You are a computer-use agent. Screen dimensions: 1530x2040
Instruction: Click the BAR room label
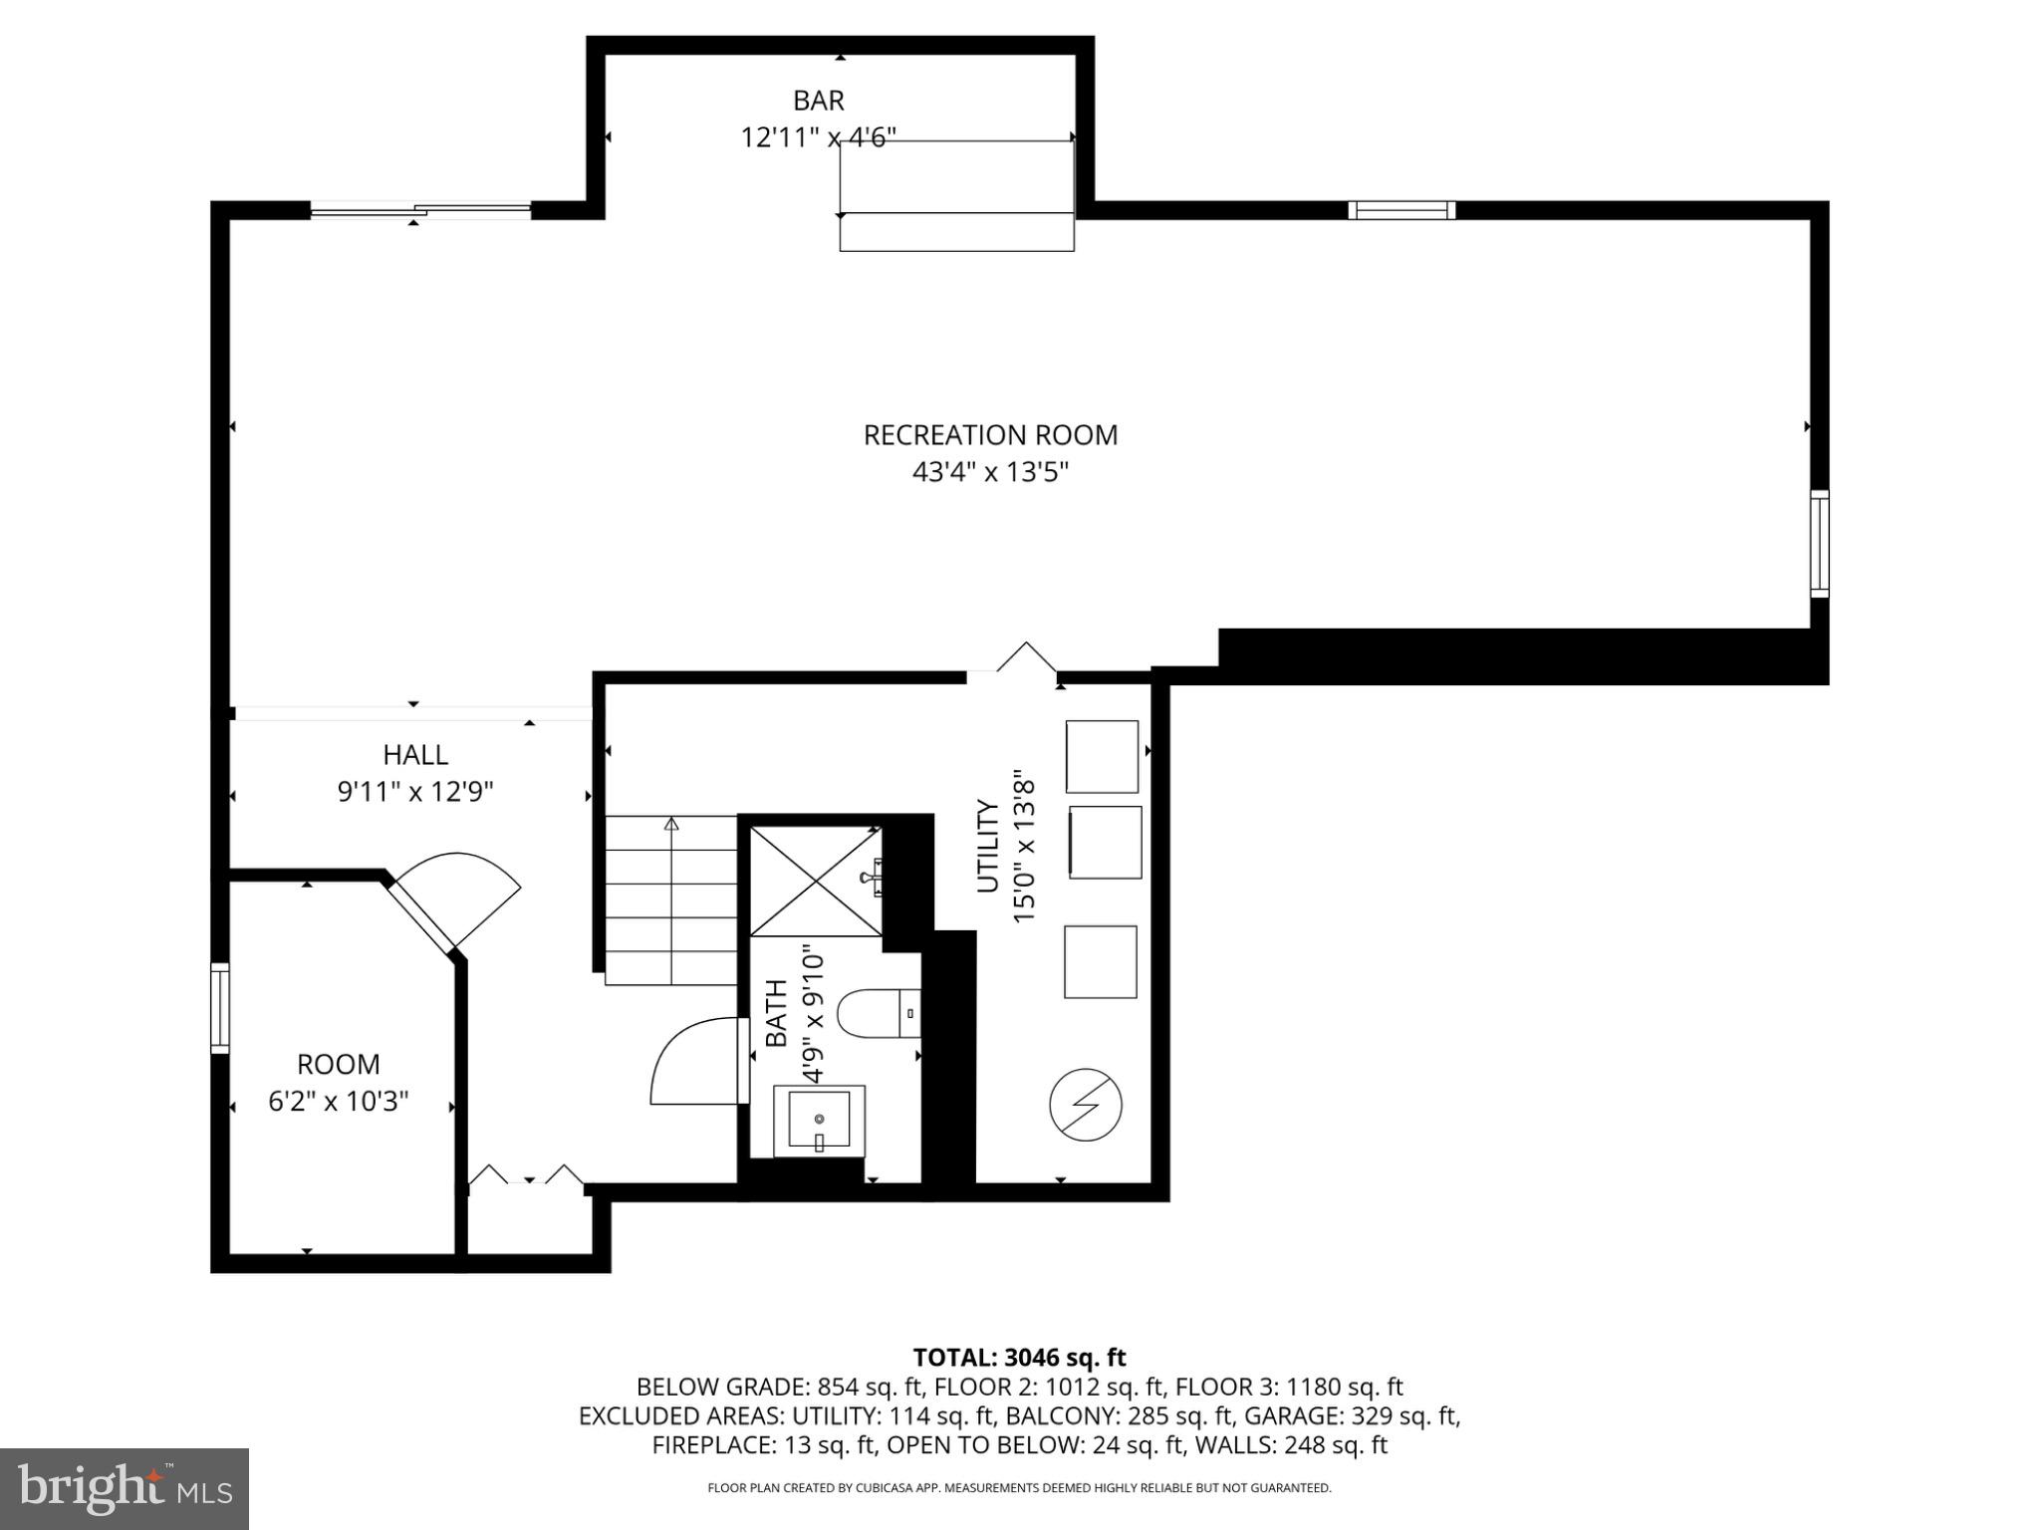pos(818,101)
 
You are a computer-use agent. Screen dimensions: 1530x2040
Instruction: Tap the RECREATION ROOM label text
pos(989,435)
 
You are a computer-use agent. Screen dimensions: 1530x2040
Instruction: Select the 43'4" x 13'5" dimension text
pos(989,472)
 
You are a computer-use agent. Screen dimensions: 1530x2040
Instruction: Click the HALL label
pos(415,755)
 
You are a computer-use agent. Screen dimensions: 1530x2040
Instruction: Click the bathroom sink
pos(819,1121)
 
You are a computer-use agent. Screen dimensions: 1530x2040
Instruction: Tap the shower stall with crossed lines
pos(815,881)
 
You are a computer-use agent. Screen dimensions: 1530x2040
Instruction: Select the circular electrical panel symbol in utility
pos(1086,1105)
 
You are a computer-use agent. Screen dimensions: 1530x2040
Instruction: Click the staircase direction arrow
pos(671,825)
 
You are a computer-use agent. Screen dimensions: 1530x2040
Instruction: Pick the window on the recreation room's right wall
pos(1819,544)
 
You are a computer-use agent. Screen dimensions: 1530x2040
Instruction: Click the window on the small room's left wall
pos(219,1008)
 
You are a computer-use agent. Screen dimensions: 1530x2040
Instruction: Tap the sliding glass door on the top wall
pos(420,209)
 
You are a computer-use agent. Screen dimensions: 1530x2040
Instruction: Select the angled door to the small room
pos(453,901)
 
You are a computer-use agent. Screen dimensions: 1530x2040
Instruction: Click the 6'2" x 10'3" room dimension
pos(339,1102)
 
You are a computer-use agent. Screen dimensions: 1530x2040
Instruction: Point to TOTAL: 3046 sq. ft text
pos(1019,1358)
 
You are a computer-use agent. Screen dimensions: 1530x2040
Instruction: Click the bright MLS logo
pos(125,1488)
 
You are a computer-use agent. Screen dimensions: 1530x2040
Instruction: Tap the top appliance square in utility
pos(1102,757)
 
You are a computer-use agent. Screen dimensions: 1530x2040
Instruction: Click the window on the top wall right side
pos(1402,210)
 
